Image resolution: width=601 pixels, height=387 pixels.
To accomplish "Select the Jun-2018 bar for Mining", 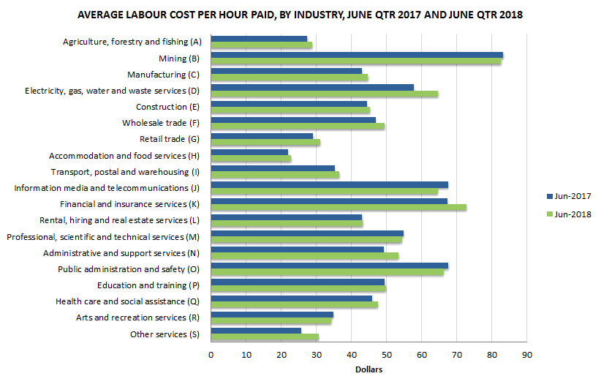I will (x=355, y=61).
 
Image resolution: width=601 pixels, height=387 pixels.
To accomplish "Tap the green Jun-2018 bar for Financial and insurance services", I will (x=338, y=207).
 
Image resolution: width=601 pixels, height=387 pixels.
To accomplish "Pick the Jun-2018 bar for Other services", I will (x=264, y=337).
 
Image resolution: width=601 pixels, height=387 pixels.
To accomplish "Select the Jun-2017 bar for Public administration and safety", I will (x=329, y=266).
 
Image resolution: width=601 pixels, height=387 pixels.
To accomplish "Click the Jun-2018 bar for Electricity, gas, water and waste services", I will (x=324, y=94).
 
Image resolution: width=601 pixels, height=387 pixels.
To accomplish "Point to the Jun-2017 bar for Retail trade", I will (x=261, y=136).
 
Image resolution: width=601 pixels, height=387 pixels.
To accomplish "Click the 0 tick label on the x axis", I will (x=211, y=355).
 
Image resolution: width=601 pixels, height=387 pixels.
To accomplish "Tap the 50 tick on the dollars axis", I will (x=386, y=355).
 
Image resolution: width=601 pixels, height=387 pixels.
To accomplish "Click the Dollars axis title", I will (x=368, y=369).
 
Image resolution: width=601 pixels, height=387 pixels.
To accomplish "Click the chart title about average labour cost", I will (x=300, y=15).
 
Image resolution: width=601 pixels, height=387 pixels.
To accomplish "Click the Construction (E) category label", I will (x=162, y=107).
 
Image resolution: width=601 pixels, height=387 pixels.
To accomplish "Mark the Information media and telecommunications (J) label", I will (x=107, y=188).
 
